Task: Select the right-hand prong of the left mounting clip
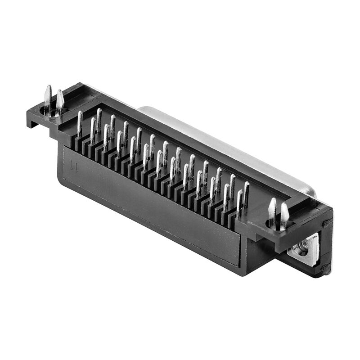[x=59, y=101]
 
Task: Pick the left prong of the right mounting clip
[x=272, y=209]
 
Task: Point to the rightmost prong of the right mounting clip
[x=284, y=213]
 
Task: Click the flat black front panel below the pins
[x=148, y=202]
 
